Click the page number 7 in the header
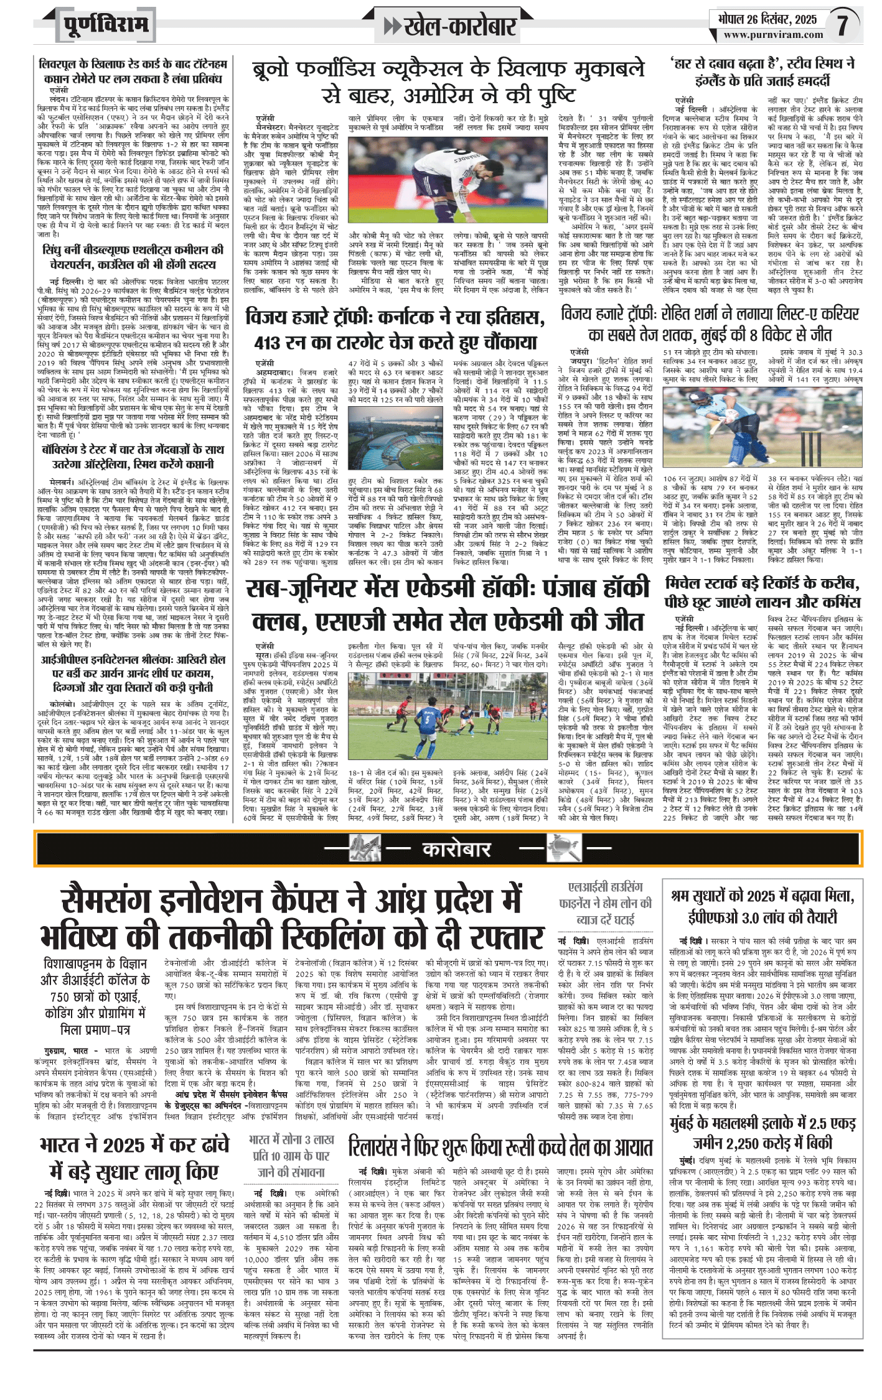pos(842,25)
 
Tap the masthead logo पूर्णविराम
pos(106,25)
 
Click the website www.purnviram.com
pos(772,35)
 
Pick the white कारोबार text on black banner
pos(456,848)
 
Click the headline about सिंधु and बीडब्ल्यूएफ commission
pos(133,257)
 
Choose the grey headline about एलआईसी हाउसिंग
pos(604,903)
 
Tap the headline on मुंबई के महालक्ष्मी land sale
pos(762,1132)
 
